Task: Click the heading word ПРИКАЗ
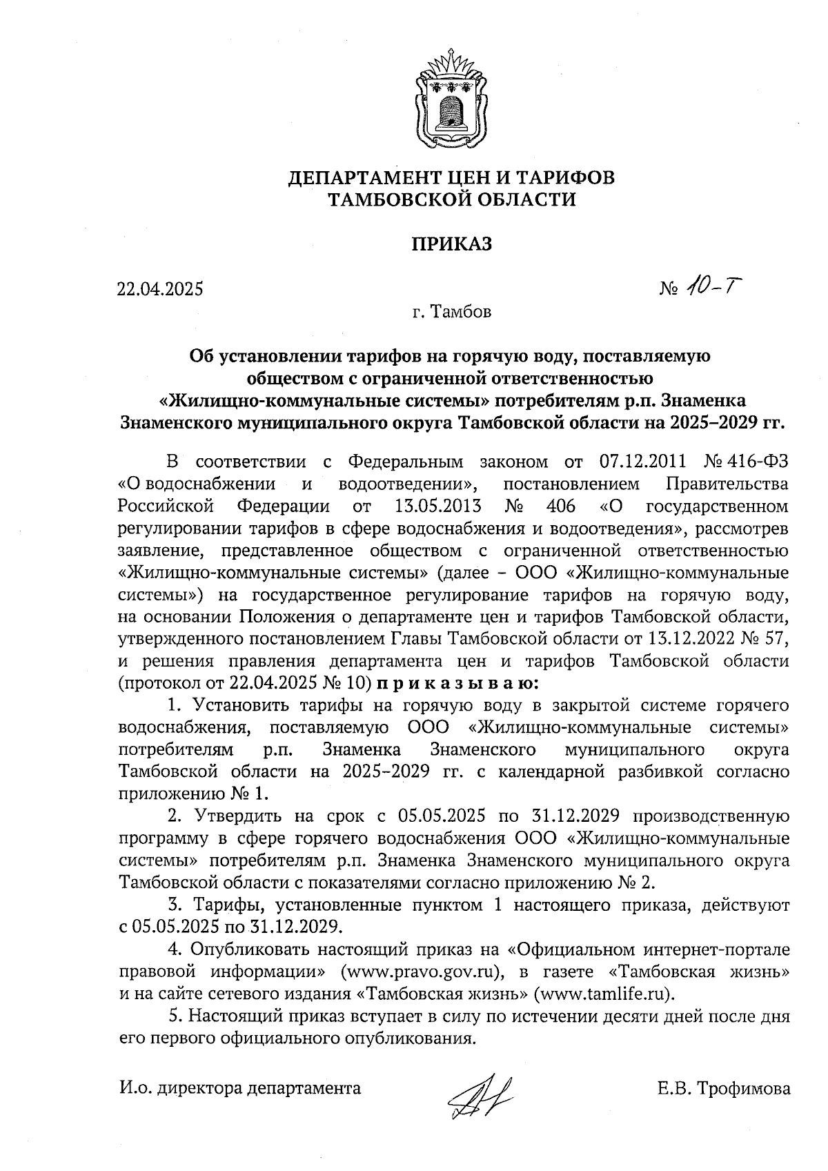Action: (x=451, y=244)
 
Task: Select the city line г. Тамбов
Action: (x=451, y=313)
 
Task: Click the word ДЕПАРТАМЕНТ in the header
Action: (x=373, y=178)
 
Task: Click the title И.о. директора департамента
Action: (x=240, y=1089)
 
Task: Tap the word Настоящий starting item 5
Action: (x=236, y=1016)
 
